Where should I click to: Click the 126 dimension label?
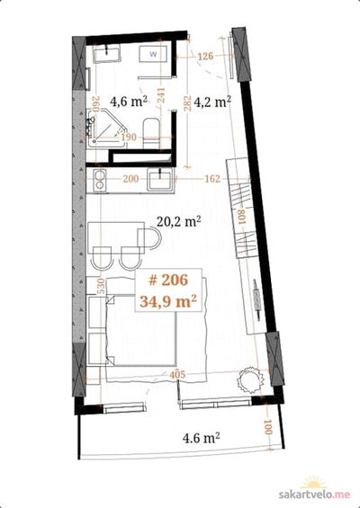[x=205, y=56]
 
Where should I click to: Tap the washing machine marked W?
[x=153, y=54]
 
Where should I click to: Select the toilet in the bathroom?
[x=151, y=133]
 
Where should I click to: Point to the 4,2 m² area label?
[x=212, y=102]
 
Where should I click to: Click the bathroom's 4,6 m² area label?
[x=129, y=101]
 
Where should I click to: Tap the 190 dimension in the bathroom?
[x=129, y=138]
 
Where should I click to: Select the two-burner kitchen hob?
[x=100, y=180]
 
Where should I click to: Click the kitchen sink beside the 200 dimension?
[x=160, y=180]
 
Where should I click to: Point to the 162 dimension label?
[x=212, y=179]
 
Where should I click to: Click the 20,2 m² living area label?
[x=179, y=221]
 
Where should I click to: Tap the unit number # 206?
[x=168, y=280]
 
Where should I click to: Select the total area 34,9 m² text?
[x=168, y=301]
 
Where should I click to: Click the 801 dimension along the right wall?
[x=242, y=217]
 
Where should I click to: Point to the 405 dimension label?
[x=177, y=375]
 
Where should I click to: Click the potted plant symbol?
[x=249, y=380]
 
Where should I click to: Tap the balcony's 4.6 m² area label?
[x=201, y=439]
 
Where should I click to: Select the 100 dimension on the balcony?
[x=268, y=427]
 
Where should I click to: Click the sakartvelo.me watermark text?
[x=314, y=495]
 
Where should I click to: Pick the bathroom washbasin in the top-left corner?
[x=107, y=53]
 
